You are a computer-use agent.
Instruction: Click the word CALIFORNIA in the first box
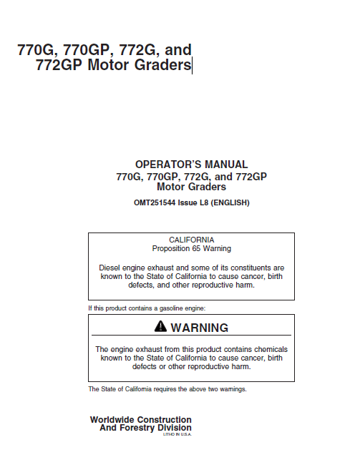point(191,240)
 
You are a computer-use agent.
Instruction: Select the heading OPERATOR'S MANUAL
point(191,165)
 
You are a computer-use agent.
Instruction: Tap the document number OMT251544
point(157,202)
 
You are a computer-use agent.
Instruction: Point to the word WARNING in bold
point(200,328)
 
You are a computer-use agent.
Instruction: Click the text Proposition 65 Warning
point(191,248)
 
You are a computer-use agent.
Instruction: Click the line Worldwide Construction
point(140,419)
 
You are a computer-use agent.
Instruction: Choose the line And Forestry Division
point(145,428)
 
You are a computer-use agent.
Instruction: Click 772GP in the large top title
point(59,67)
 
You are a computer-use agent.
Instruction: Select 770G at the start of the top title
point(37,50)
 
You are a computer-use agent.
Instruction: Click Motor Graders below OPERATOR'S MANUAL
point(191,187)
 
